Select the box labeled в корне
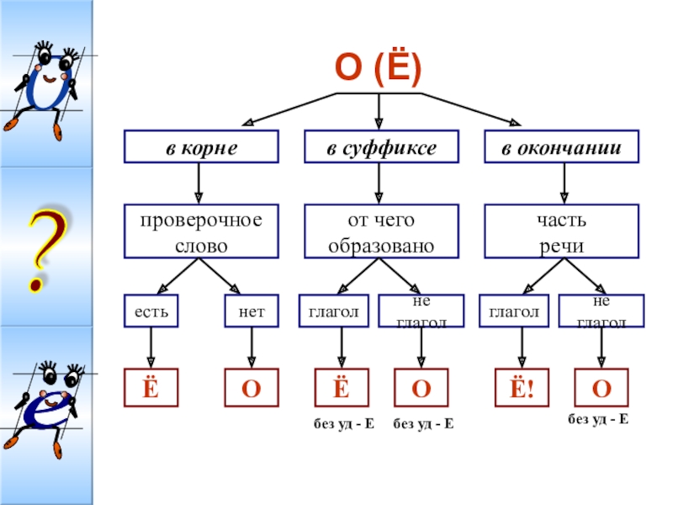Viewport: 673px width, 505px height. coord(200,146)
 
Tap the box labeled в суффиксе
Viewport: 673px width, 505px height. coord(381,146)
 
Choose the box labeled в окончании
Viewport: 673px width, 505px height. coord(562,146)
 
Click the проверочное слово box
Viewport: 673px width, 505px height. coord(200,230)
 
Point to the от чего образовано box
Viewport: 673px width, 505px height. coord(381,230)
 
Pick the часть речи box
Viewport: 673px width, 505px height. coord(562,230)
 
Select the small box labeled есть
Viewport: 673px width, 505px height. coord(151,311)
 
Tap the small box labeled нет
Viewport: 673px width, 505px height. coord(251,311)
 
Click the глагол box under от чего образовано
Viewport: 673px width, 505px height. coord(334,311)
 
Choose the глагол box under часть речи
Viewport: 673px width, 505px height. coord(514,311)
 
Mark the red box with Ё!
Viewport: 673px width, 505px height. coord(516,387)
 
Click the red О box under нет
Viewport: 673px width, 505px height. coord(251,387)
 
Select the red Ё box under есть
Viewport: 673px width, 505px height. coord(151,387)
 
